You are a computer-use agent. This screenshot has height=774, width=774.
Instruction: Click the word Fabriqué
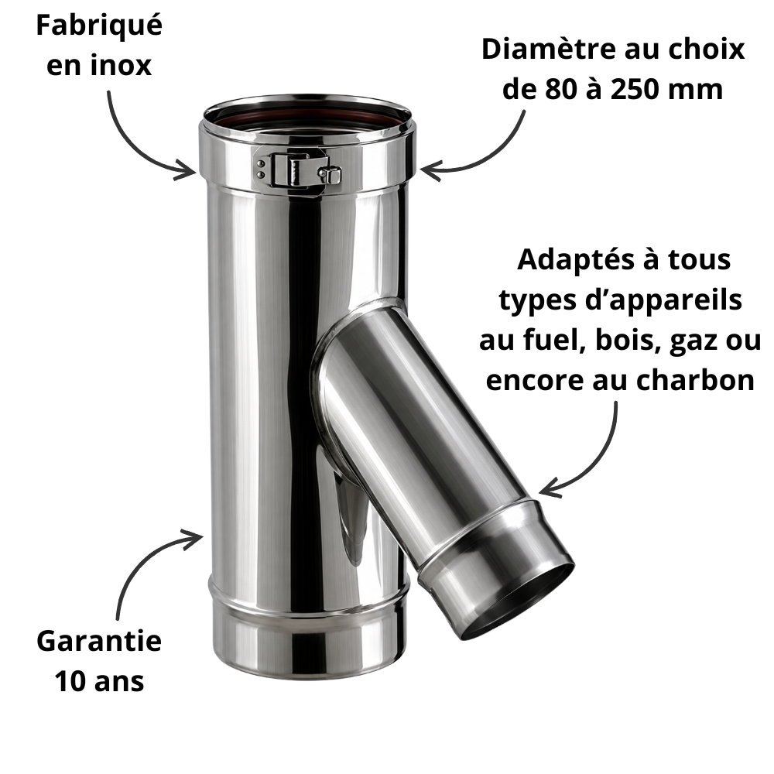point(99,26)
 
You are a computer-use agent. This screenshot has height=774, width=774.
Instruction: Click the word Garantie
point(99,641)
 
